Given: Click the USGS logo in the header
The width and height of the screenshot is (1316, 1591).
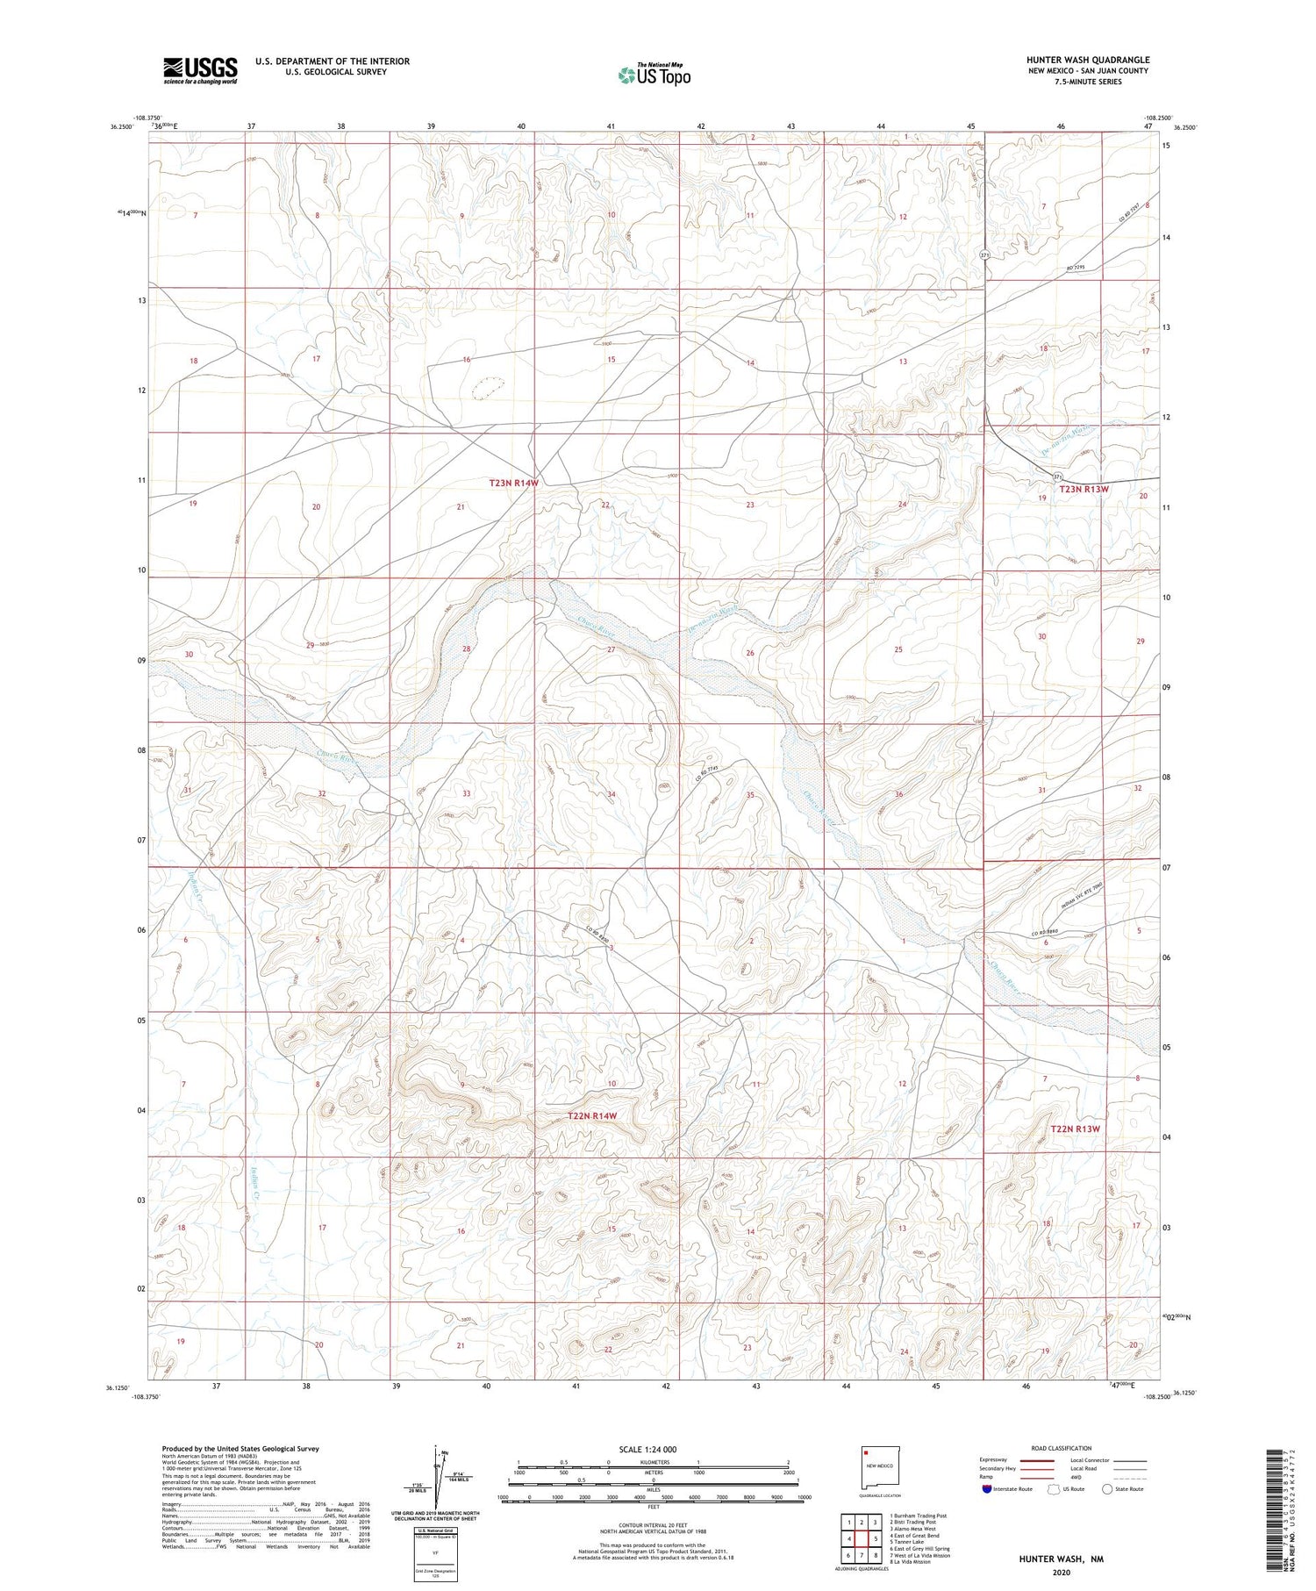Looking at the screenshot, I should tap(200, 70).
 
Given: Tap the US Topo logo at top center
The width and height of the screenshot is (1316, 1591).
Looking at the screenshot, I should tap(654, 75).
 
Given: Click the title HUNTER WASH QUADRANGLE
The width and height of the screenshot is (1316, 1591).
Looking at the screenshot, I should tap(1087, 60).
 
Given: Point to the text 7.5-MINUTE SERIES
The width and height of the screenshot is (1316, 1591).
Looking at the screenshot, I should tap(1087, 82).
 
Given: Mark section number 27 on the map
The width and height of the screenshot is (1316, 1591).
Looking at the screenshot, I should tap(612, 649).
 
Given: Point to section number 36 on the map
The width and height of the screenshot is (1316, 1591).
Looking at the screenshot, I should tap(898, 794).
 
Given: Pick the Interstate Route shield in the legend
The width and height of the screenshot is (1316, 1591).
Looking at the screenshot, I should tap(986, 1489).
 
